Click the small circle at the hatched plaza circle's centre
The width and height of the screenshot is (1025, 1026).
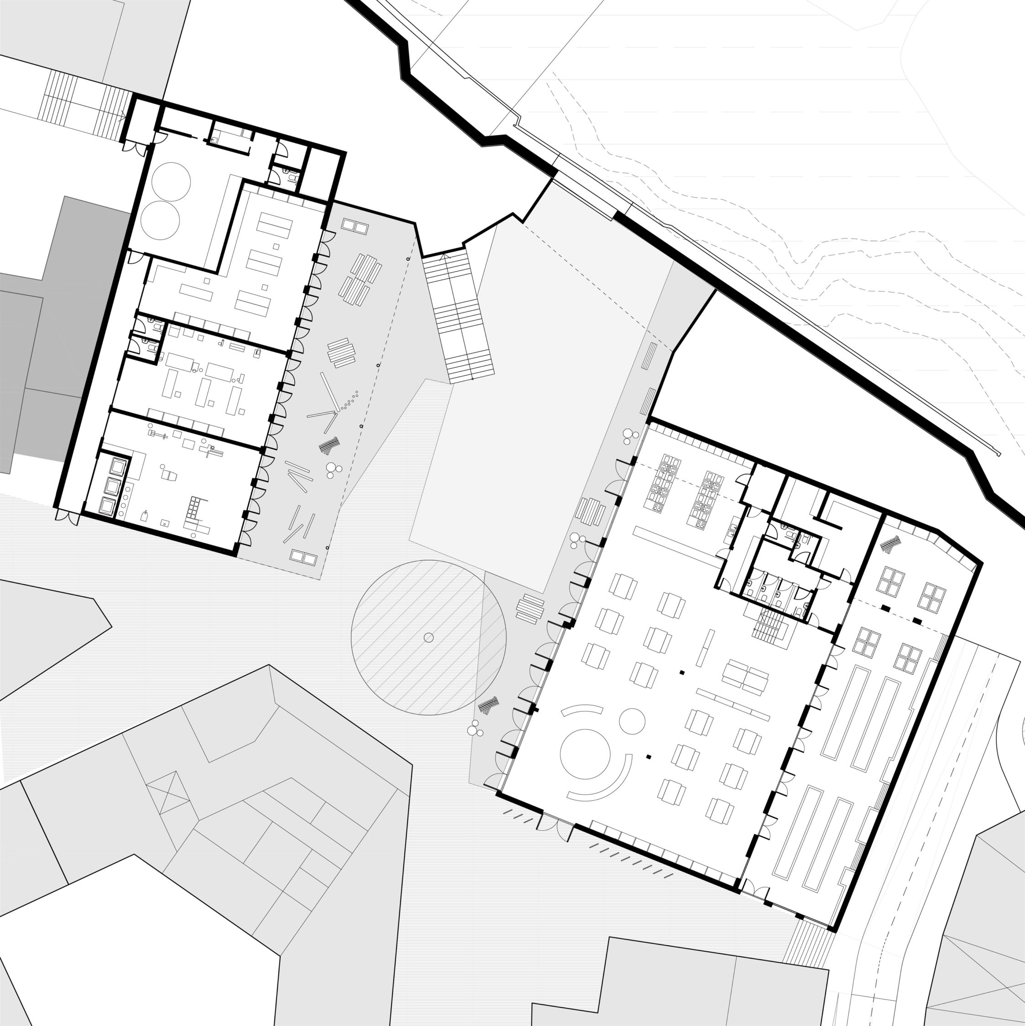coord(429,638)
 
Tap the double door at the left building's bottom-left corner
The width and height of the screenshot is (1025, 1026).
coord(68,517)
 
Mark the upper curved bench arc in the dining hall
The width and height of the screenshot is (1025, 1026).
coord(582,710)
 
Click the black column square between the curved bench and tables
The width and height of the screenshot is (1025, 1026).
coord(648,756)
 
